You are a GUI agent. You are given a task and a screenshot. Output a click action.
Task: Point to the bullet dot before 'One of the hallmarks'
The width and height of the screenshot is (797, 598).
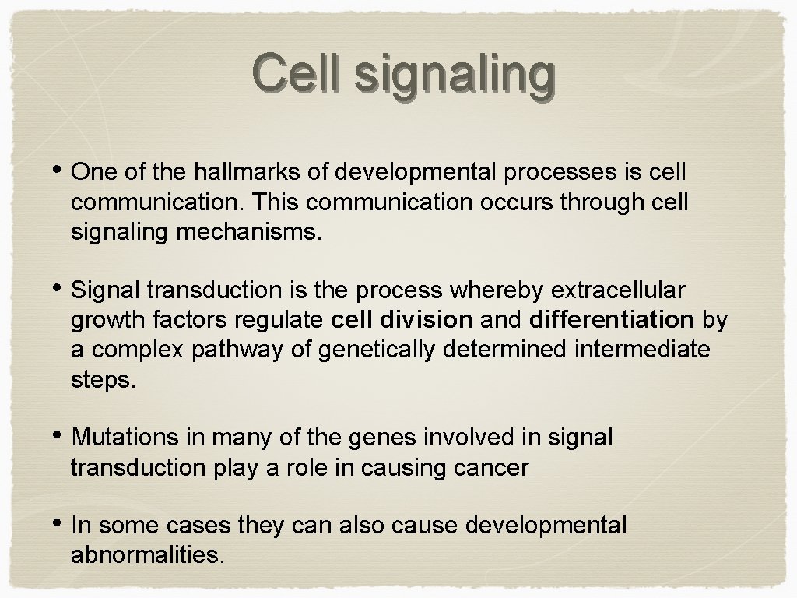[60, 171]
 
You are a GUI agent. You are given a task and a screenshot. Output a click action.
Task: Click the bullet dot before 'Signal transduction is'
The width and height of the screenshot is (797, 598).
[60, 289]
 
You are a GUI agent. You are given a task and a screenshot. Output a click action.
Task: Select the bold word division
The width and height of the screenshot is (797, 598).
[434, 320]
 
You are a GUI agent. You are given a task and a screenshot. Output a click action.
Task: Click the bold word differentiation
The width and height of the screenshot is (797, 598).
[611, 320]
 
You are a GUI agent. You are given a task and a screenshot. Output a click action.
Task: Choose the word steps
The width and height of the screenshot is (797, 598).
[103, 381]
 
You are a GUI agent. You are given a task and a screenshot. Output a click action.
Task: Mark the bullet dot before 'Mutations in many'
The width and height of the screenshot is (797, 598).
[60, 437]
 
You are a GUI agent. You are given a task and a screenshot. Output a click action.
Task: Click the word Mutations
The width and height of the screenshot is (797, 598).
[125, 438]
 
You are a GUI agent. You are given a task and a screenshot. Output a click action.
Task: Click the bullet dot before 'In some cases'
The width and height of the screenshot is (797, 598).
[60, 525]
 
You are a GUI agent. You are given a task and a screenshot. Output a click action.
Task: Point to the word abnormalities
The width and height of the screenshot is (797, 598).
[147, 555]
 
